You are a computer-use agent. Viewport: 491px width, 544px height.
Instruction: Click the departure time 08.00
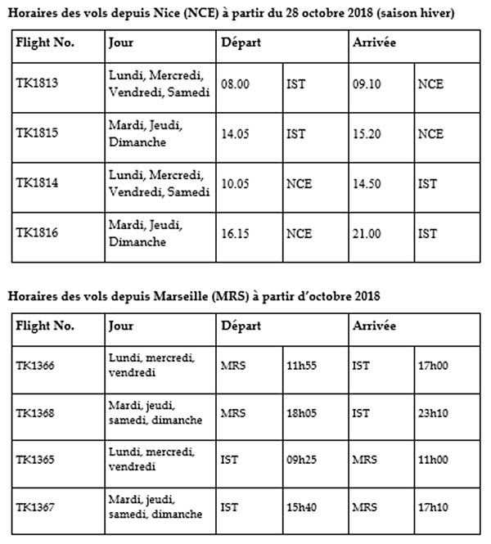[234, 83]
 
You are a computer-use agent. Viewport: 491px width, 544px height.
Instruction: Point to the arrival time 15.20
[365, 133]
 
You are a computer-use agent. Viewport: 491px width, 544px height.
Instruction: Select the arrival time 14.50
[365, 183]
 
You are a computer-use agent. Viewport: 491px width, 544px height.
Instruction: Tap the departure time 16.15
[234, 232]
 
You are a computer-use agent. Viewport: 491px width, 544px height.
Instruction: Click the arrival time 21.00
[365, 232]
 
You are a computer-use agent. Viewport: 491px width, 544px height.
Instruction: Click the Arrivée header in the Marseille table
[374, 325]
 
